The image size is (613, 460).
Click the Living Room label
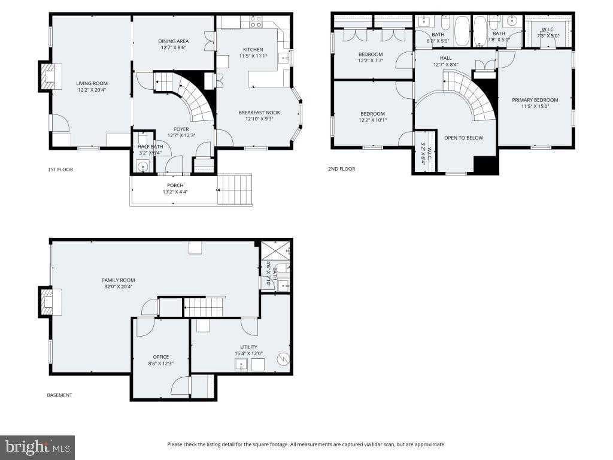pos(92,83)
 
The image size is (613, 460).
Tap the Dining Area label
pos(174,41)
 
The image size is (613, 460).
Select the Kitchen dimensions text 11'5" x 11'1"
pos(253,56)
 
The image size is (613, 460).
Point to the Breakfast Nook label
pos(259,113)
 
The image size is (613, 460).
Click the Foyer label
pos(181,129)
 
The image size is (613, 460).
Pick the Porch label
pos(175,185)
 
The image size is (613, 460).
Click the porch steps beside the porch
pos(235,189)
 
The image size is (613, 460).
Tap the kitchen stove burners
pos(256,23)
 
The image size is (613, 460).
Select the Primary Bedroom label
pos(535,100)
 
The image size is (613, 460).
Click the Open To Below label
pos(463,138)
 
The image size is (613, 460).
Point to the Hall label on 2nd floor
pos(445,58)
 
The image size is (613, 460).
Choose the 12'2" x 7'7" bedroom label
pos(371,55)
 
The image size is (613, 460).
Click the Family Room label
pos(118,280)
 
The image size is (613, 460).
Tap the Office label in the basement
pos(160,357)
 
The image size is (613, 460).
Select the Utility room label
pos(248,347)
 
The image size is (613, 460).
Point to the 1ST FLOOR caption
pos(60,170)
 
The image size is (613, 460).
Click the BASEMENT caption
pos(60,395)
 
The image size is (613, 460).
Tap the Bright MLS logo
pos(37,447)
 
